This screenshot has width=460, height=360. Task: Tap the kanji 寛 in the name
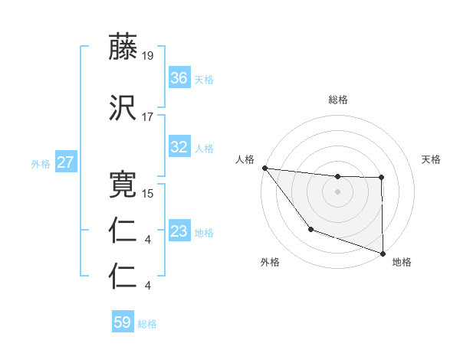coord(123,185)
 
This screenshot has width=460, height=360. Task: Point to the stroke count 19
coord(148,56)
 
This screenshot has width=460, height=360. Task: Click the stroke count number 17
coord(148,116)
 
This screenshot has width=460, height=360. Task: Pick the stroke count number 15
coord(148,193)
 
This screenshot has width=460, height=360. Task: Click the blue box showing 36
coord(179,78)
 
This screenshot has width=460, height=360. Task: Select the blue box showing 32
coord(179,147)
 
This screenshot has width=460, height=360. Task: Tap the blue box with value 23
coord(179,231)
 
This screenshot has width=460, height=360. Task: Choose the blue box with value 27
coord(65,162)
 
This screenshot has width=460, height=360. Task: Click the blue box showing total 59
coord(123,322)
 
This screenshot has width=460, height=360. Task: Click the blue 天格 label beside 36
coord(204,80)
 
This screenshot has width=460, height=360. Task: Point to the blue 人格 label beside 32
coord(204,149)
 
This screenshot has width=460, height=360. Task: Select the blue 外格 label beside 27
coord(41,164)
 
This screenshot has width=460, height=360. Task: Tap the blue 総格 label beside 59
coord(147,324)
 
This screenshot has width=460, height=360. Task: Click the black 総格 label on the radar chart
coord(338,100)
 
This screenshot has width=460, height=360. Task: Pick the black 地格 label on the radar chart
coord(402,262)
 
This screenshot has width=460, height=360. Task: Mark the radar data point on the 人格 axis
coord(264,168)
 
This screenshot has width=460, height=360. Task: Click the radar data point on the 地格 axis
coord(383,252)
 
